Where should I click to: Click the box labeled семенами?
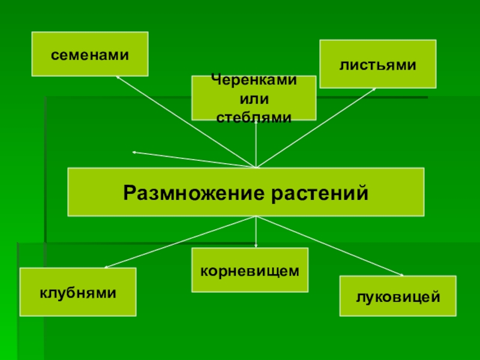89,54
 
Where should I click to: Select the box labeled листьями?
377,64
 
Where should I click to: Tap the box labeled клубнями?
78,292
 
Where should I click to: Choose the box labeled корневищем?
250,270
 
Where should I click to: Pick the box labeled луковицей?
398,296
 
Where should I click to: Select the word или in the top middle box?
254,98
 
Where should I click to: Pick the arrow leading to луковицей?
330,246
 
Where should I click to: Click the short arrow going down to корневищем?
256,232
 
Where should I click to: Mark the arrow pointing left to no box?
192,160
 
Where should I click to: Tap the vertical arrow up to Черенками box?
256,144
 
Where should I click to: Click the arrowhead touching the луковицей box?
401,275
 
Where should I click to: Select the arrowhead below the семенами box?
118,77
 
